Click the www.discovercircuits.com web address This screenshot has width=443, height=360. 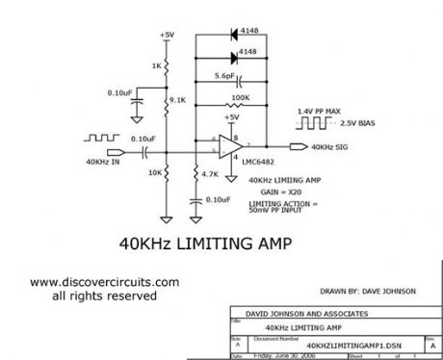tap(104, 282)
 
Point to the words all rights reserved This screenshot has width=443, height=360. tap(103, 296)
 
